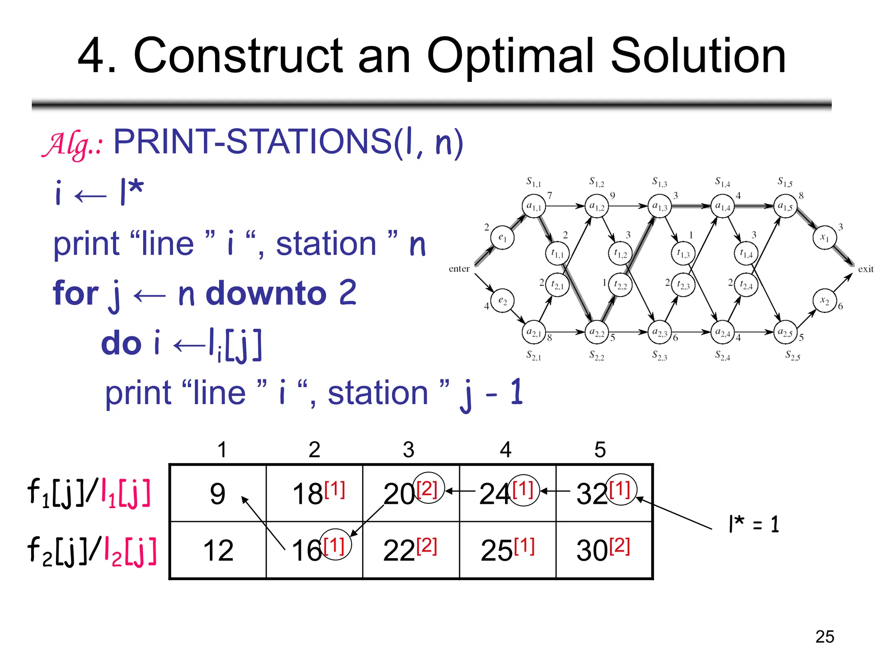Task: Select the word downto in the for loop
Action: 266,293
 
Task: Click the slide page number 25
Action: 824,637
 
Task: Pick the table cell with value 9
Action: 218,493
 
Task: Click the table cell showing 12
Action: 218,550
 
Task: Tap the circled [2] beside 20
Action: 428,488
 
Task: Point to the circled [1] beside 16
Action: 335,545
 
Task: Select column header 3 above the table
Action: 408,450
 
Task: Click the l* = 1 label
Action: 754,524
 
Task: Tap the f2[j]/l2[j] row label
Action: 91,551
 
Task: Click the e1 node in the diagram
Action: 502,237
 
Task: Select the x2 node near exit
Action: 824,301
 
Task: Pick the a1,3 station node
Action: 659,206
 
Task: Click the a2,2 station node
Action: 597,333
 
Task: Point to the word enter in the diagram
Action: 459,269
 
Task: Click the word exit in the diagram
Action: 865,269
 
